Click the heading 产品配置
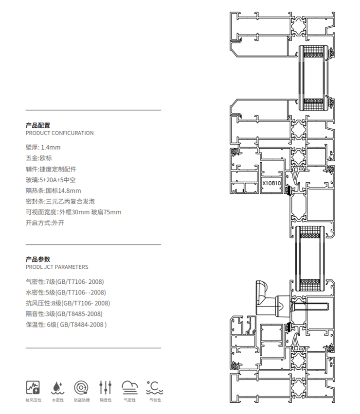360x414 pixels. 38,125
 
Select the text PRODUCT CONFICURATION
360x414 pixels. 59,133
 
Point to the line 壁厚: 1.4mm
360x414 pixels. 43,147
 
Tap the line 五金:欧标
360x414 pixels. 38,158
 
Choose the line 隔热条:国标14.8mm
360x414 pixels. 53,190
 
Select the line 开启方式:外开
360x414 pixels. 45,223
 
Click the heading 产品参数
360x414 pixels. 38,259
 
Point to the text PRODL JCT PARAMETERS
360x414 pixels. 57,267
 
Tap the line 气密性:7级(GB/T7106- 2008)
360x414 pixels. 65,282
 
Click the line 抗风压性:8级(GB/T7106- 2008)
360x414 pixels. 68,303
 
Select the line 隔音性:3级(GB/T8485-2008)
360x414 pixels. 64,314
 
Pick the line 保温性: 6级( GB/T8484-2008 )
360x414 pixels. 66,325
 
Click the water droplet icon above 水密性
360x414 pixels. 57,387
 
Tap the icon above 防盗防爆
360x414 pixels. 81,387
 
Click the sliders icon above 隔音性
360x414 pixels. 106,387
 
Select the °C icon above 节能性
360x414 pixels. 154,387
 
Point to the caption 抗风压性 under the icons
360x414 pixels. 33,400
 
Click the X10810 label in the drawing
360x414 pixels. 271,184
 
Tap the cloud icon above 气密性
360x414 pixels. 130,387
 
